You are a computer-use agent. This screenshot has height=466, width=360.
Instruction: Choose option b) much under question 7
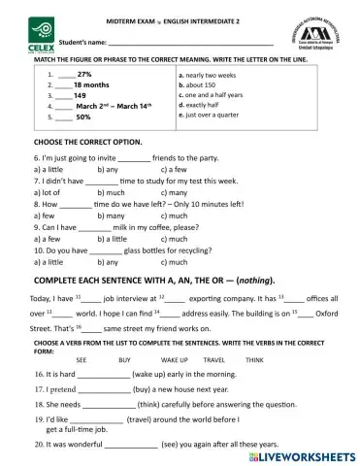[x=114, y=194]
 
